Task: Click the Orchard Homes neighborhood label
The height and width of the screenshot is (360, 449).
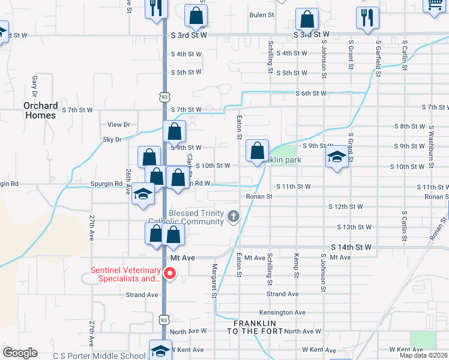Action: tap(41, 110)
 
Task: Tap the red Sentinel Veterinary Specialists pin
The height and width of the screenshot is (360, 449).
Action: tap(170, 274)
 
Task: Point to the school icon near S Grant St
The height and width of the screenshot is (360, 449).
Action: tap(337, 158)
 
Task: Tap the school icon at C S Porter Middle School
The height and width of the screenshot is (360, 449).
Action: tap(160, 352)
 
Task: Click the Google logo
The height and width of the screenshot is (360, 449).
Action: tap(20, 353)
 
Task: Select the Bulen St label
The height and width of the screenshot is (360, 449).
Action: tap(262, 14)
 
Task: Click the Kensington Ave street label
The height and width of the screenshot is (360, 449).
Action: tap(283, 313)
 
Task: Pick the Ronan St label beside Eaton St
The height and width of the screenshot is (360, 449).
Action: tap(259, 196)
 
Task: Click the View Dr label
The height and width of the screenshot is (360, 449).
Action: tap(118, 125)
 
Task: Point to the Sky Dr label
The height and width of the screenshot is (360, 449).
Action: tap(112, 139)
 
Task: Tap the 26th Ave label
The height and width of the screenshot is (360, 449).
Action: tap(128, 180)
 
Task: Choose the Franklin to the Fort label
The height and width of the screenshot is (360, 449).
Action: tap(257, 327)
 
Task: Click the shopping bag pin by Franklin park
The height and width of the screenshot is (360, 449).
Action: tap(257, 152)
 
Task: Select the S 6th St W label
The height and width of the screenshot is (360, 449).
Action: tap(311, 94)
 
